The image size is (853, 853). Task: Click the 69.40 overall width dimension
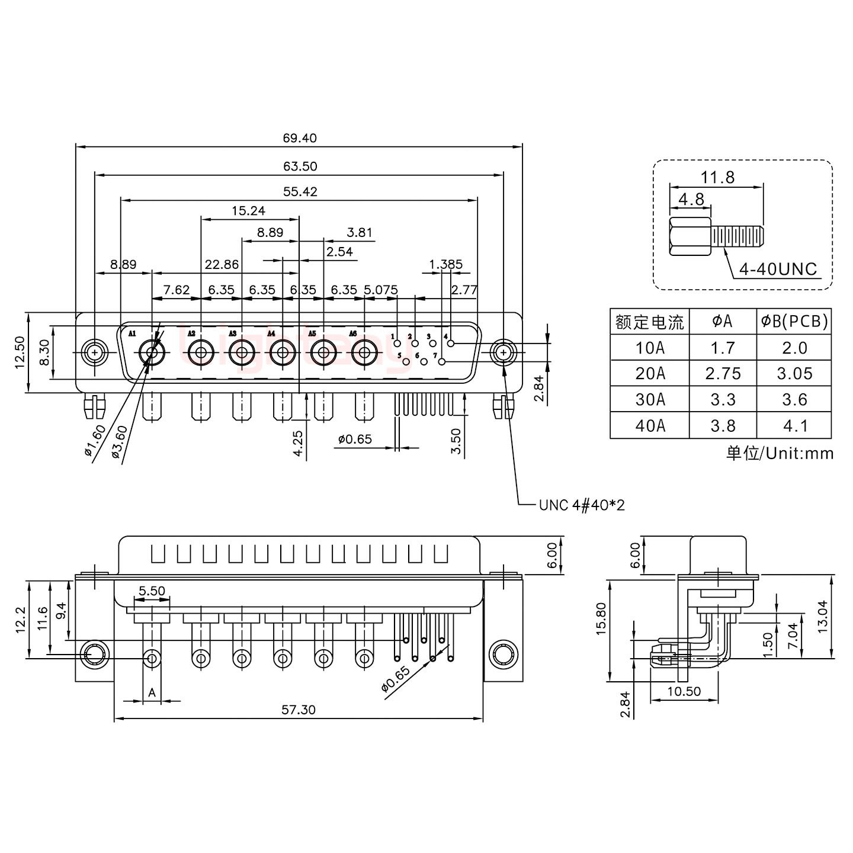click(x=299, y=139)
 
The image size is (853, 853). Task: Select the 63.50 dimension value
click(x=299, y=166)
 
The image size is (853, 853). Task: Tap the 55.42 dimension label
click(x=299, y=191)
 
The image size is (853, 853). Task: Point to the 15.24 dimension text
click(x=248, y=211)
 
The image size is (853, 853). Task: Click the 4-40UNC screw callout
click(x=778, y=270)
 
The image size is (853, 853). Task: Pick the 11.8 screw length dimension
click(x=717, y=177)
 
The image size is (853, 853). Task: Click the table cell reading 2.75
click(x=723, y=374)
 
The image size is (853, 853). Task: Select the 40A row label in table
click(x=650, y=426)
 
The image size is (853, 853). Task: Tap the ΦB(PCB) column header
click(x=794, y=322)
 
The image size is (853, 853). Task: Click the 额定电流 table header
click(x=650, y=322)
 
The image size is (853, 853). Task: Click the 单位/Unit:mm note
click(x=780, y=454)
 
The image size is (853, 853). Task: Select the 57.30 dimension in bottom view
click(x=299, y=710)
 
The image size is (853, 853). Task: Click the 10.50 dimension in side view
click(x=684, y=692)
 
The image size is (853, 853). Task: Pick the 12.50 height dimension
click(x=20, y=352)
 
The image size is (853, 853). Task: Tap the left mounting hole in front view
click(x=94, y=353)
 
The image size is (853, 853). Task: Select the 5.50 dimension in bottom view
click(x=152, y=591)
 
